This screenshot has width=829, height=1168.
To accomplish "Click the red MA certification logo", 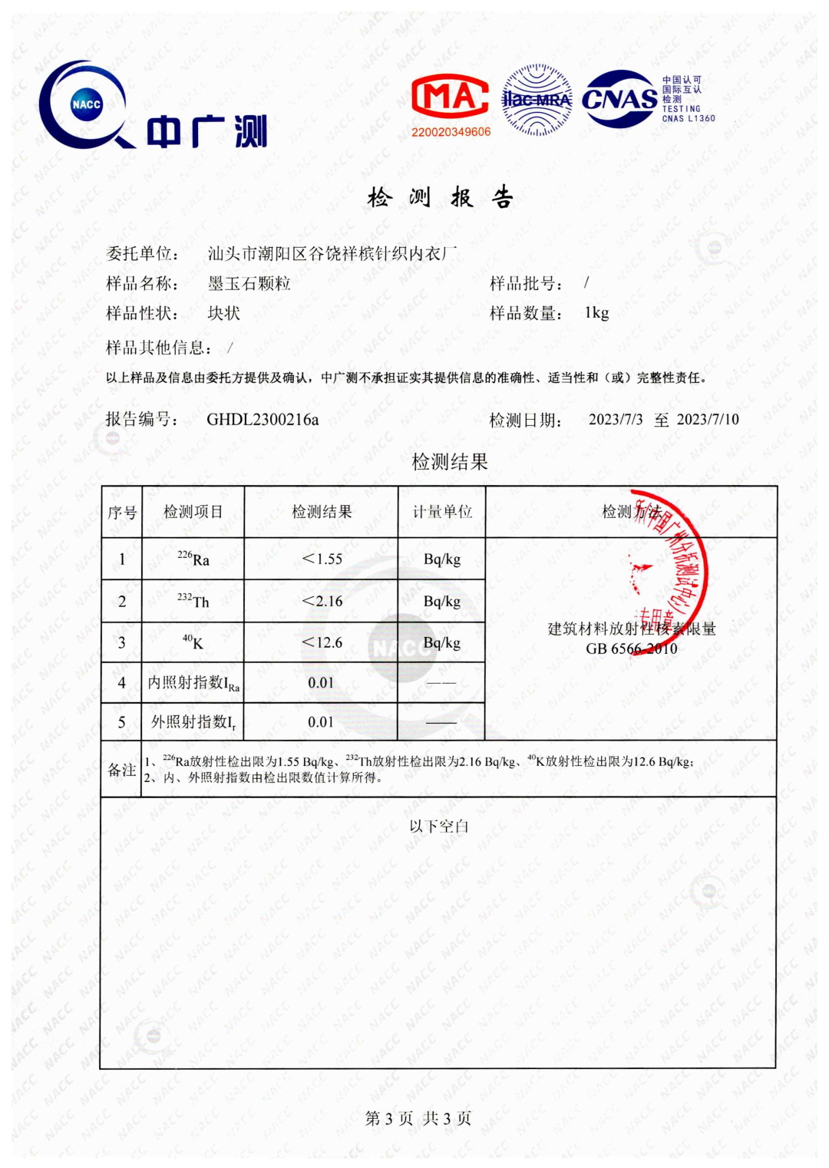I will click(450, 97).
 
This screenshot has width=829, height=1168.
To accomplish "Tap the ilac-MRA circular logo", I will click(537, 101).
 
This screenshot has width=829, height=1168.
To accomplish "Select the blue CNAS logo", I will click(620, 99).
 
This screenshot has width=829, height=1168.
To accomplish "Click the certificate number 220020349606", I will click(451, 132).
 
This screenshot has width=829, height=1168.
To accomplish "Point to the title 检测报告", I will click(441, 198).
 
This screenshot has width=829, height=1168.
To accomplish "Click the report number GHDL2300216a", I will click(263, 419).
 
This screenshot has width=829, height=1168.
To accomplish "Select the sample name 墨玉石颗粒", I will click(249, 283).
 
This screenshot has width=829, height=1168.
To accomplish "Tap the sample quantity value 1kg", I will click(596, 313).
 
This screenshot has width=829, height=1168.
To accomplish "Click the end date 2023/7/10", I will click(708, 419).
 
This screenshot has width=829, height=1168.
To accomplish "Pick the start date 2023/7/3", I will click(616, 419).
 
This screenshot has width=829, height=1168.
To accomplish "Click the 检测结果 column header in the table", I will click(322, 512).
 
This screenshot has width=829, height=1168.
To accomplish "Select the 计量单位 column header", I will click(442, 512).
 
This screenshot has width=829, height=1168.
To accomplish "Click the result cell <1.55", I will click(322, 559).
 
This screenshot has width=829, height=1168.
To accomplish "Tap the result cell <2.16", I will click(322, 601).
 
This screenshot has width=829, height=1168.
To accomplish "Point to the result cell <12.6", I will click(322, 642).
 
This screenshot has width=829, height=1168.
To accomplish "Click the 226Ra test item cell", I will click(193, 559).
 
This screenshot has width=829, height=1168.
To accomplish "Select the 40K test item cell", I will click(193, 642).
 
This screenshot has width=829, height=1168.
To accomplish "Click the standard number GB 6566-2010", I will click(631, 648).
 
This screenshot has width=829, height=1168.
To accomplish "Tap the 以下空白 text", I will click(438, 826).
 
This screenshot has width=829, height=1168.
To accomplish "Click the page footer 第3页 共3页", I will click(418, 1118).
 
